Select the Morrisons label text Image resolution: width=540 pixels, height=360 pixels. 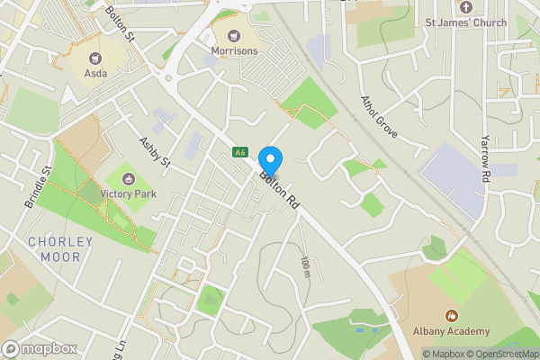click(x=235, y=51)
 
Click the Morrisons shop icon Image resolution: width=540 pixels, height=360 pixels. click(x=235, y=35)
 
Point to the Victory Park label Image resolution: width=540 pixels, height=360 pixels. click(x=130, y=193)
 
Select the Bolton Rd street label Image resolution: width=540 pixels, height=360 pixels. click(x=279, y=190)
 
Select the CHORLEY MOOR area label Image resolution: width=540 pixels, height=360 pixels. click(x=60, y=249)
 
